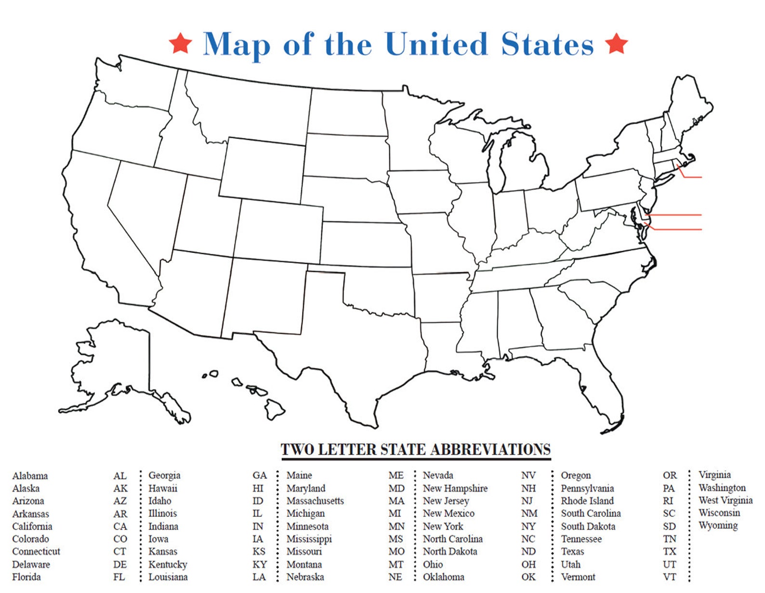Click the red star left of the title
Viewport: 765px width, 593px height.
[181, 43]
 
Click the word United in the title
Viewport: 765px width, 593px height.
[436, 44]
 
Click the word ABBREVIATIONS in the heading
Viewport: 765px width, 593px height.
[490, 449]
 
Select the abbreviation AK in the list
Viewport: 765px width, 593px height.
[120, 488]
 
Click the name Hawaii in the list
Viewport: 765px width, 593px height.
[163, 488]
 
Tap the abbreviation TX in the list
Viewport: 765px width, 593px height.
[669, 552]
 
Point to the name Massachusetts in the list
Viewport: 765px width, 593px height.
[315, 501]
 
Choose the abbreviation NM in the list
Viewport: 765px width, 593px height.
[529, 514]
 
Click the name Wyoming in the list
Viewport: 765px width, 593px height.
[718, 526]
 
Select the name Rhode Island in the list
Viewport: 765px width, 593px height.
[587, 501]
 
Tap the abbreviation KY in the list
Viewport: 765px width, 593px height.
[259, 565]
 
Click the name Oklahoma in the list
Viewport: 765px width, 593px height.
[443, 577]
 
